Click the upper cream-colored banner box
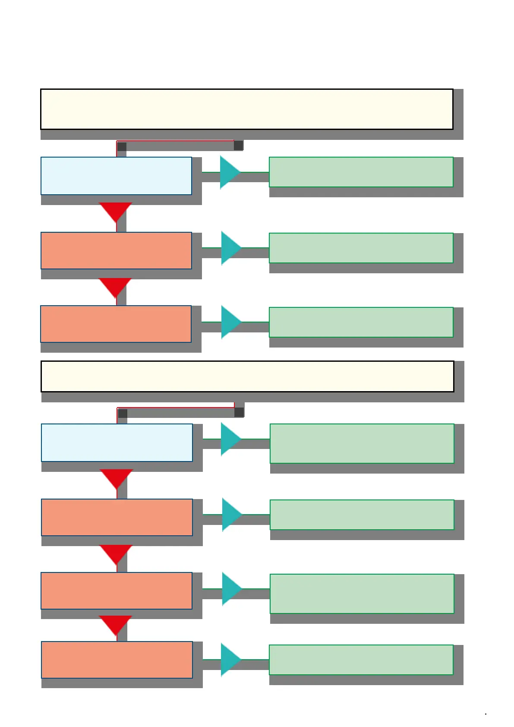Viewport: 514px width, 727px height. (246, 109)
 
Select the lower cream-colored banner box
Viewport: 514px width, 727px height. (247, 376)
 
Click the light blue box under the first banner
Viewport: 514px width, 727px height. (116, 176)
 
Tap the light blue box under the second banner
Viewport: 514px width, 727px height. (117, 443)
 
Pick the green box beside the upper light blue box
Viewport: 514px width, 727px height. (361, 172)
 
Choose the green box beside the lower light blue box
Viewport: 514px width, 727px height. (362, 443)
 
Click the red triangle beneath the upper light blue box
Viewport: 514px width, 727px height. (115, 211)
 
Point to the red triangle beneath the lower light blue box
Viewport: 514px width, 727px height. (116, 477)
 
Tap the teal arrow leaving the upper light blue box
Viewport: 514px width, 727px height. (229, 172)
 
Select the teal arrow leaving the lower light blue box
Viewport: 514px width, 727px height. (230, 439)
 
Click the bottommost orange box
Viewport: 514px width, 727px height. (117, 660)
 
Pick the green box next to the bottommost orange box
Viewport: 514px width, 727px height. (361, 660)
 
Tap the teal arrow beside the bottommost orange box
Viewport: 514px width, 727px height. (230, 660)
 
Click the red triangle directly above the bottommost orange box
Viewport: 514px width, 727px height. (115, 624)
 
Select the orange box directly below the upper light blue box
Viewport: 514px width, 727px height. (116, 250)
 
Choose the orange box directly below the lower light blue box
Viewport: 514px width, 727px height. (117, 517)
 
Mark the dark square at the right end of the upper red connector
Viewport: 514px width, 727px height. (238, 145)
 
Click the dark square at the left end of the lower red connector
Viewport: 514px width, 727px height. (123, 414)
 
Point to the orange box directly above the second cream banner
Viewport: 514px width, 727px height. (116, 324)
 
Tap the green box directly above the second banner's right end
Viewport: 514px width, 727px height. (361, 322)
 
